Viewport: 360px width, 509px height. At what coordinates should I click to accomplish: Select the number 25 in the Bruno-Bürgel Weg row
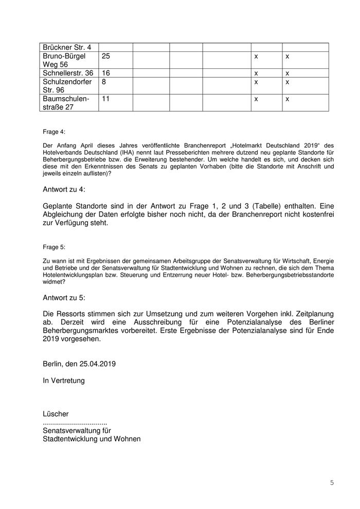(x=106, y=56)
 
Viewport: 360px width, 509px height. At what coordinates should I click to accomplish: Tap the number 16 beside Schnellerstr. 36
(x=106, y=73)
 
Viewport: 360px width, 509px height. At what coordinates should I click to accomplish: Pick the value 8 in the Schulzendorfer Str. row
(x=104, y=82)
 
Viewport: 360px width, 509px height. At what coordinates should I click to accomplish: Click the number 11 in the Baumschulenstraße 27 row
(x=106, y=98)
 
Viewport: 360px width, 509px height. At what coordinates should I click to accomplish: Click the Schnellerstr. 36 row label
(x=68, y=73)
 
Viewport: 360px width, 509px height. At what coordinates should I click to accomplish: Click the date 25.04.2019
(x=98, y=363)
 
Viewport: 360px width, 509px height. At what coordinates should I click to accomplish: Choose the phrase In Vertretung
(x=64, y=381)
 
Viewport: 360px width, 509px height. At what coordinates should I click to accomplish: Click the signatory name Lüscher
(x=56, y=414)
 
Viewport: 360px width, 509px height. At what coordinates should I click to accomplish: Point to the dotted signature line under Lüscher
(x=75, y=422)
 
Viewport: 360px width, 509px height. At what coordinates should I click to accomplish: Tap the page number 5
(x=332, y=482)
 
